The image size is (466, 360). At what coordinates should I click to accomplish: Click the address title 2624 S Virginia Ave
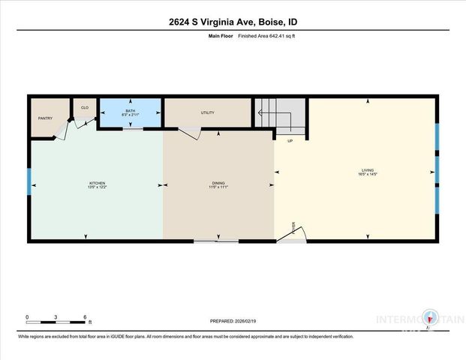click(233, 22)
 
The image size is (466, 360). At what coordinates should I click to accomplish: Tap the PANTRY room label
click(44, 118)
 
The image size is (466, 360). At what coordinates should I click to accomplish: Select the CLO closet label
click(84, 107)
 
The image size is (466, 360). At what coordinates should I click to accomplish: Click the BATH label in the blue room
click(131, 111)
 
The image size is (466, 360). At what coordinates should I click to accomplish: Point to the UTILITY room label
click(208, 113)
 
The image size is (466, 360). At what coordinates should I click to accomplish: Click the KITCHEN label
click(98, 184)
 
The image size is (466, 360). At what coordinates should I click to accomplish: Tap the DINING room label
click(218, 184)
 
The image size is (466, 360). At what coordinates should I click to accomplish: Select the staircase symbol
click(280, 115)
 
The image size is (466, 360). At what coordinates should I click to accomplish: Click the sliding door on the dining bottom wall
click(216, 241)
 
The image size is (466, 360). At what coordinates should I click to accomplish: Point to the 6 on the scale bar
click(86, 316)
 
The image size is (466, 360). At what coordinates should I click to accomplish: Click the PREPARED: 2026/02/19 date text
click(233, 321)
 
